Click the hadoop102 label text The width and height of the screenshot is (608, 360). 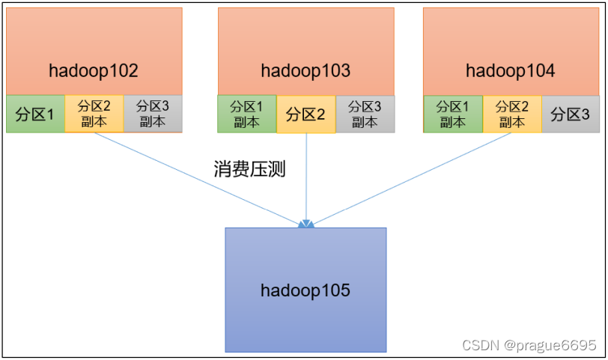click(94, 71)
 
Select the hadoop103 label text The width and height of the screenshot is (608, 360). click(305, 71)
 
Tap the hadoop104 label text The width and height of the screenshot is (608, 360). click(511, 71)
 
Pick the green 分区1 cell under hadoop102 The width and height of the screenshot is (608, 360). click(35, 115)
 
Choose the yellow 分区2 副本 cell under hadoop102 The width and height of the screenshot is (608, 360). click(94, 114)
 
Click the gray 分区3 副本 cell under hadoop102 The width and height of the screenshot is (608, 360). click(153, 114)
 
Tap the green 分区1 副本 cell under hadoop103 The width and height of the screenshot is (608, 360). click(246, 115)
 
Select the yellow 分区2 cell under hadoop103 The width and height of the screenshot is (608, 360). click(305, 115)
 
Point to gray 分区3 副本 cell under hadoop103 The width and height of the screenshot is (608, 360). click(365, 115)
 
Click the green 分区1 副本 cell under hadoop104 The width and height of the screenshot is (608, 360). click(452, 115)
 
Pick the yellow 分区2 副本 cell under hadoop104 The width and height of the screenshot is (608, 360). click(511, 115)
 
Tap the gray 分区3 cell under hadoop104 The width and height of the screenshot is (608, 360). click(570, 115)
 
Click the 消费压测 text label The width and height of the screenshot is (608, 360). click(250, 170)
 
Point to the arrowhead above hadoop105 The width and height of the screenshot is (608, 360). click(305, 223)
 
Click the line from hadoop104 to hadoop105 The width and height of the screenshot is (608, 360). click(412, 180)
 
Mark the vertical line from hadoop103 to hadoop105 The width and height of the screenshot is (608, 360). click(306, 180)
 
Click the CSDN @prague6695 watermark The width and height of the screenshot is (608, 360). click(529, 345)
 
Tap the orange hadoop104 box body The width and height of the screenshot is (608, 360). click(511, 37)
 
